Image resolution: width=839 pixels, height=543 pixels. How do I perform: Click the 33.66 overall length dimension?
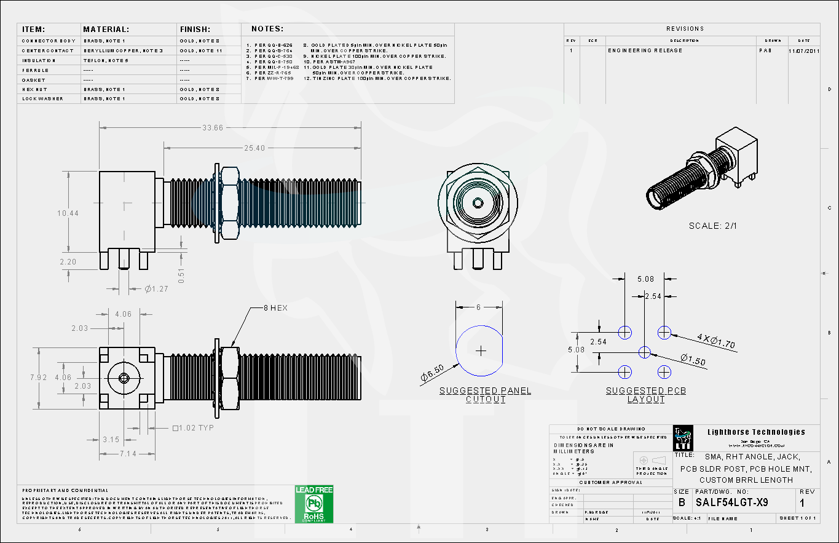213,128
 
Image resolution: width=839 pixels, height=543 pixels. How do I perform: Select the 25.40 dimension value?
254,148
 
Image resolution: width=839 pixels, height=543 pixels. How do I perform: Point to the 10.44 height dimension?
68,213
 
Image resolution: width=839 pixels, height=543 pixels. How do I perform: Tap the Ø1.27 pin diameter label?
156,288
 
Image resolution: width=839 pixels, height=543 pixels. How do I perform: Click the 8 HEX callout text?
275,307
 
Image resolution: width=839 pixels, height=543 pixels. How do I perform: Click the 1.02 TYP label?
194,427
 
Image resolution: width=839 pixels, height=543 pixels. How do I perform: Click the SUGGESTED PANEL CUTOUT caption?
485,395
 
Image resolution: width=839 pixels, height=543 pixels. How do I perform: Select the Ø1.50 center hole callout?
693,361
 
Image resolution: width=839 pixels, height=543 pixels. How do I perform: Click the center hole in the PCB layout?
644,352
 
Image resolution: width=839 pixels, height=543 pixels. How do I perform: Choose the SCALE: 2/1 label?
713,226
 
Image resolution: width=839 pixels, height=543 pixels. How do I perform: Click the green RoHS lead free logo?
314,504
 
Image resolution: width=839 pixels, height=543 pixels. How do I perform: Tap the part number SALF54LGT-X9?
731,502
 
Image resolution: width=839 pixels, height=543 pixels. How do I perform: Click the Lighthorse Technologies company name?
755,432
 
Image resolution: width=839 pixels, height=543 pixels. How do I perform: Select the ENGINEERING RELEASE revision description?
645,50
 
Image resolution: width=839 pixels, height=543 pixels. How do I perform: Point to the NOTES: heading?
267,29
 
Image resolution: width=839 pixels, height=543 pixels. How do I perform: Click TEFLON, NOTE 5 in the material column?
106,60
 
